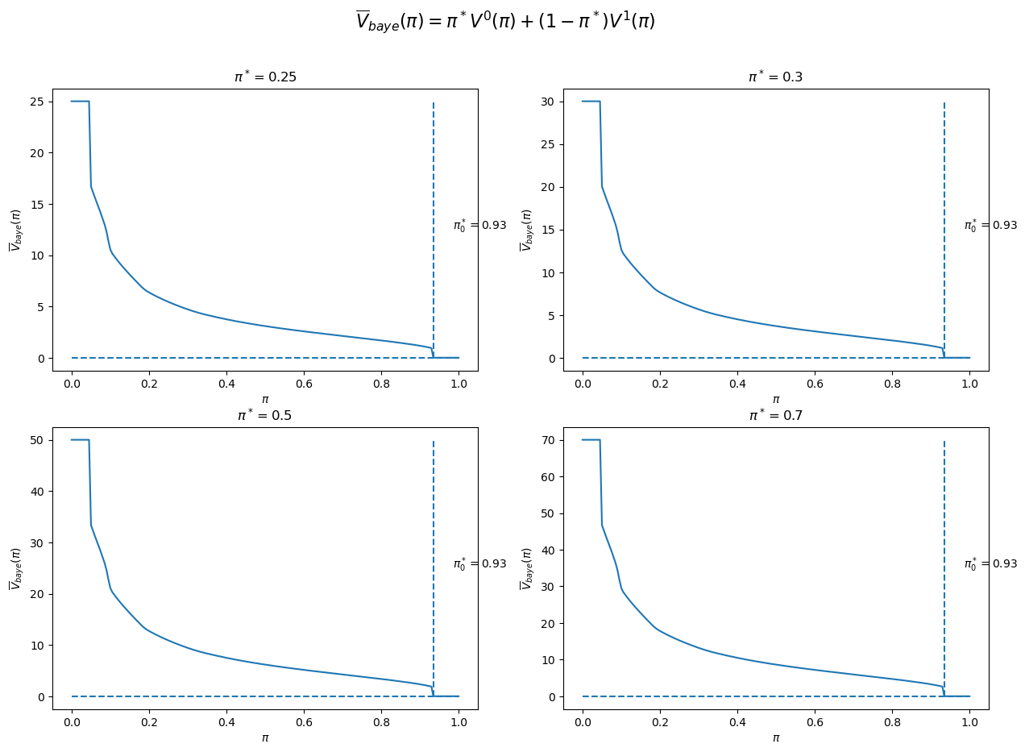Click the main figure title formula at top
[505, 21]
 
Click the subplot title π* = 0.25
[264, 77]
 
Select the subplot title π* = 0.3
[775, 77]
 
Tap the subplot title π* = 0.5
[264, 416]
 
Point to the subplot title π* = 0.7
[775, 416]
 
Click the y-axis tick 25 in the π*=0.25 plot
[39, 102]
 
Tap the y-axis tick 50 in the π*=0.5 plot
[39, 440]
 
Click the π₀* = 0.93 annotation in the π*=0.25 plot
[479, 226]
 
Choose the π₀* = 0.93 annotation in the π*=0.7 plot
[990, 564]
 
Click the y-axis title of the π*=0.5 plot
[15, 568]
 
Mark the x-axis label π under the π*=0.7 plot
[775, 737]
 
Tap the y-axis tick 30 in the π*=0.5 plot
[39, 542]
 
